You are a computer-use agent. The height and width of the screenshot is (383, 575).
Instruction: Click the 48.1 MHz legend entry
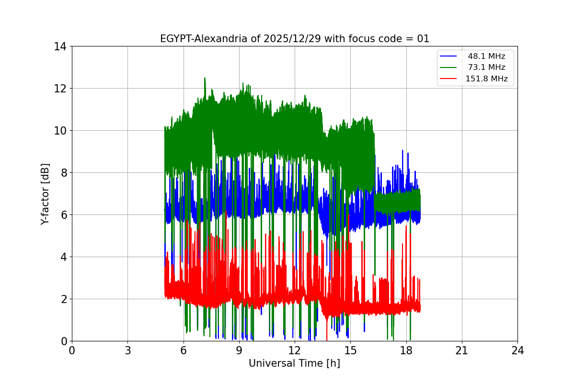pos(486,56)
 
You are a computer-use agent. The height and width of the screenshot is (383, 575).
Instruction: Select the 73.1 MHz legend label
pos(486,68)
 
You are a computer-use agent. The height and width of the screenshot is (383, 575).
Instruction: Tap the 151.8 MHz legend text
pos(486,79)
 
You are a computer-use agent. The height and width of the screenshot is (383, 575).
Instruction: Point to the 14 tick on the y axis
pos(61,46)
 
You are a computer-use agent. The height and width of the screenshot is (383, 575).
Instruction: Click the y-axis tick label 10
pos(61,131)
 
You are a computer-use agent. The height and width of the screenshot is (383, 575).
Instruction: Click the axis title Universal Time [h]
pos(294,363)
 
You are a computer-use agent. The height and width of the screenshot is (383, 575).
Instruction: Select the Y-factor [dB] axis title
pos(45,193)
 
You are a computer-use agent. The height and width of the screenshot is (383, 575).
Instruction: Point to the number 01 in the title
pos(423,39)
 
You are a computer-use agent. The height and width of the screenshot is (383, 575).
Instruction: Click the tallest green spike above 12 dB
pos(205,79)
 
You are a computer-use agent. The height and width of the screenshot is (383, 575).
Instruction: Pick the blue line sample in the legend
pos(449,56)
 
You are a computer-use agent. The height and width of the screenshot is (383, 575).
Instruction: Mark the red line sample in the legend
pos(449,79)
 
